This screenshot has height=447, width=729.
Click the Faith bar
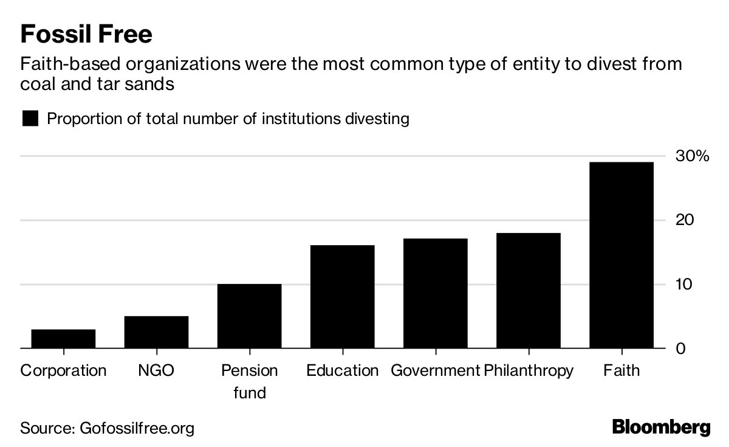coord(621,255)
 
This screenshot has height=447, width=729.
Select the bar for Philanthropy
coord(528,291)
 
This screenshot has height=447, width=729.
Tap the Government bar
coord(435,294)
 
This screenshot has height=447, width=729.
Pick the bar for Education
coord(342,297)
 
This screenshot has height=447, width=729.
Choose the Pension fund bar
coord(249,316)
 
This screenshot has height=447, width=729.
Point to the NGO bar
coord(156,332)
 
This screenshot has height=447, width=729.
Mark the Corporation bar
coord(63,339)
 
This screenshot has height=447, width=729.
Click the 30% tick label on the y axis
coord(693,156)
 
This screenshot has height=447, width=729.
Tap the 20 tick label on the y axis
coord(685,220)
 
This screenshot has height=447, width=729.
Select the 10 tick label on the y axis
coord(685,285)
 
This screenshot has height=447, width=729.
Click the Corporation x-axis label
coord(63,370)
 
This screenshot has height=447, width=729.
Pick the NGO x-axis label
coord(156,370)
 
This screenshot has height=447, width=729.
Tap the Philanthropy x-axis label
coord(529,370)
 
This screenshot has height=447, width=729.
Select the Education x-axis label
coord(342,370)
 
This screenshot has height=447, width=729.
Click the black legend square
coord(30,118)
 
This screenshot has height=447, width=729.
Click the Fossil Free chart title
coord(86,34)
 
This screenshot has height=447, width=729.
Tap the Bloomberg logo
coord(661,427)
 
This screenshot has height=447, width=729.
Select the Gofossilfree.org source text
coord(137,428)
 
